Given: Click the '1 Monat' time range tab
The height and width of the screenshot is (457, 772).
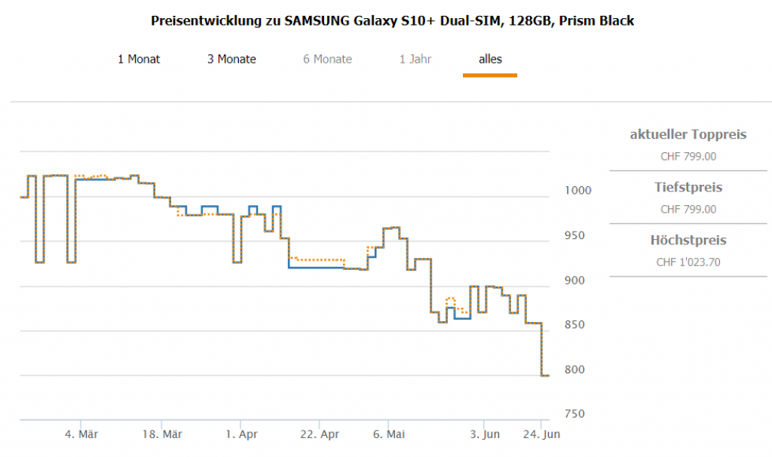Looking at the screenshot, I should (139, 59).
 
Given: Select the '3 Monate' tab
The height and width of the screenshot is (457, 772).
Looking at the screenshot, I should (231, 59).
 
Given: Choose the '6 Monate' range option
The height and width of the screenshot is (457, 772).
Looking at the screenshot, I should (327, 59).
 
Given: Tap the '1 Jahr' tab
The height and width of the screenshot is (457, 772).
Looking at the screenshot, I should (415, 59).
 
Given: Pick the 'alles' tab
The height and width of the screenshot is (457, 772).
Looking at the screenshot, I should (490, 59).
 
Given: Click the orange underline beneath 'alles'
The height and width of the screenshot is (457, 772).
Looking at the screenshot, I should (490, 75).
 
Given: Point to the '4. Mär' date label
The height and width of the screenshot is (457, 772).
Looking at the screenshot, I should (81, 434).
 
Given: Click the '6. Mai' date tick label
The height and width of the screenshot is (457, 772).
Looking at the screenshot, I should (389, 434).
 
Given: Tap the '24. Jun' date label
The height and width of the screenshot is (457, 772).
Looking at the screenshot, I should (541, 434).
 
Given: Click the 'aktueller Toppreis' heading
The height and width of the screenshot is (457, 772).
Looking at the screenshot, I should (688, 135).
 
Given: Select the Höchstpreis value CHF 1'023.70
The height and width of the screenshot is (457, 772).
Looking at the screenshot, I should (688, 262).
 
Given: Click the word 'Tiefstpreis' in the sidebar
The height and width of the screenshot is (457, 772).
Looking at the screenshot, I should (688, 187).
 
